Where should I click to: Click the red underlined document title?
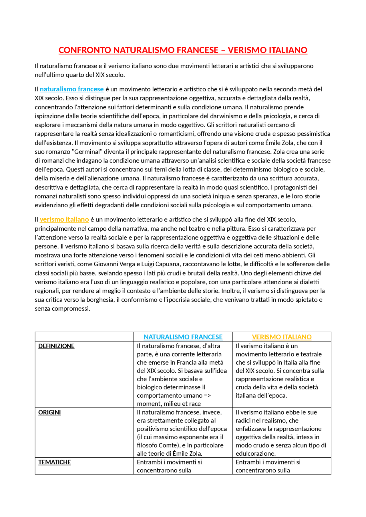point(183,50)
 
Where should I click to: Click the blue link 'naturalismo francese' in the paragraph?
point(71,89)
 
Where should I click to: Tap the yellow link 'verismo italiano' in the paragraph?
point(64,220)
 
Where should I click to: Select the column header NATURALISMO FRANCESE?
point(183,337)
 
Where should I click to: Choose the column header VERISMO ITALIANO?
point(282,337)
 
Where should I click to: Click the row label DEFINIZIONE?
point(56,346)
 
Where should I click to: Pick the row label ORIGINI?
point(49,413)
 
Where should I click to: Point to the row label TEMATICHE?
point(54,462)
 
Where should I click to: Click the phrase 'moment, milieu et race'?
point(169,404)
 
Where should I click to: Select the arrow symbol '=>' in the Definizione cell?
point(207,396)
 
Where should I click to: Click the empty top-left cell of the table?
point(84,337)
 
